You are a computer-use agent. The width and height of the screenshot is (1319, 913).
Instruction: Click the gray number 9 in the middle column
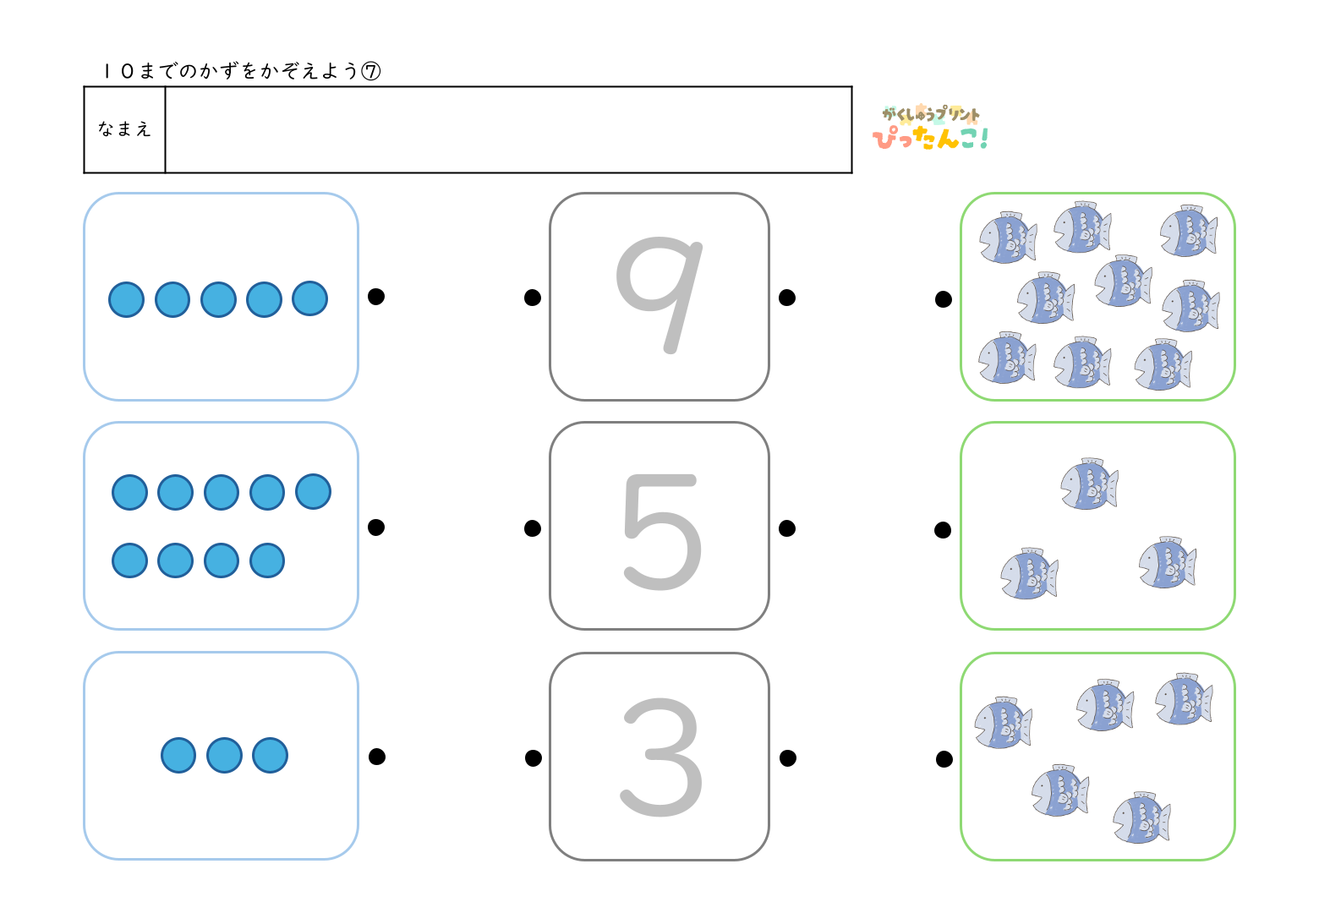(659, 292)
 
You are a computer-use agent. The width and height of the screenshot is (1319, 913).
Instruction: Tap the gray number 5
(662, 531)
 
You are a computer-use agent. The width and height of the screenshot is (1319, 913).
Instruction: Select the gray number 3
(662, 757)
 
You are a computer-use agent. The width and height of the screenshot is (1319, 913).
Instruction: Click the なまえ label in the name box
(124, 129)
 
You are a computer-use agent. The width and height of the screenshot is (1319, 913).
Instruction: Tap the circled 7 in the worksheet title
(371, 71)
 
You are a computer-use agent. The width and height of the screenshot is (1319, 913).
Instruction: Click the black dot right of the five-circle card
(376, 296)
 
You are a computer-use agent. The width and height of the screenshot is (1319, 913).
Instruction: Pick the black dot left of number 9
(533, 298)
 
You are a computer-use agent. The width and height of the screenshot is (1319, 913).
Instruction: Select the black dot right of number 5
(787, 528)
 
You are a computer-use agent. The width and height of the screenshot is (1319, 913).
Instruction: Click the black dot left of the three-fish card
(943, 530)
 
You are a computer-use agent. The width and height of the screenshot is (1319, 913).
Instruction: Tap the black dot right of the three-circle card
(377, 757)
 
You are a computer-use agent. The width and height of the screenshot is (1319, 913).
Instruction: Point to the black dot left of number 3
(534, 758)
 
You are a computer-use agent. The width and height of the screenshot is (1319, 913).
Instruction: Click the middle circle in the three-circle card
(224, 755)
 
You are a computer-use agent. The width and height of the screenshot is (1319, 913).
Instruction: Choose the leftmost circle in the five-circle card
(127, 299)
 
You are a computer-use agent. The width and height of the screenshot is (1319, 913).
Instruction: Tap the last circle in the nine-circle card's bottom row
(267, 560)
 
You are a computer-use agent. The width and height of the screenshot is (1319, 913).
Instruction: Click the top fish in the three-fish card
(1089, 484)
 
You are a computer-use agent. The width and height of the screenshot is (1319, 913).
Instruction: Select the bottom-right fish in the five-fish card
(1141, 818)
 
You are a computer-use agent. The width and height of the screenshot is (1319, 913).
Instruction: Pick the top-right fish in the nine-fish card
(1188, 231)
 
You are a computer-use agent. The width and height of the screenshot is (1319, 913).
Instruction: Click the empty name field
(507, 129)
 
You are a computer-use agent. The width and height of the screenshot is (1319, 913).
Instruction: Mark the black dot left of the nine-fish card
(944, 299)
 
